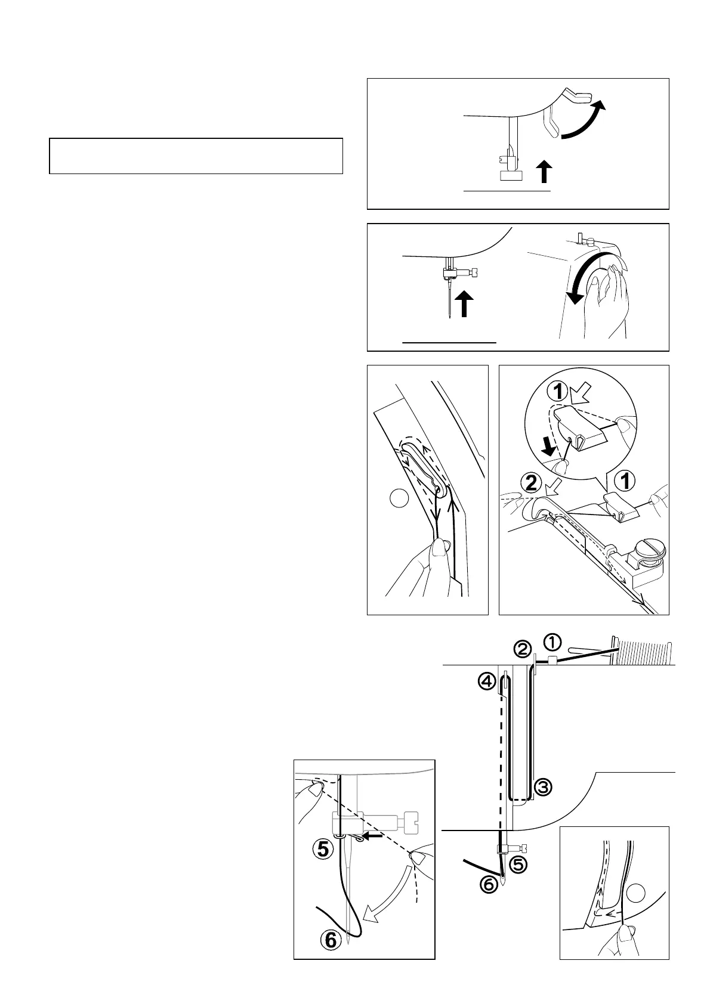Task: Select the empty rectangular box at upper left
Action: tap(196, 156)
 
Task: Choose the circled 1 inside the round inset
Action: tap(559, 392)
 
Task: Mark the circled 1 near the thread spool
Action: tap(552, 642)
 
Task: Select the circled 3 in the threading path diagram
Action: tap(542, 788)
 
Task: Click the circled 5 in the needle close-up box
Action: tap(323, 849)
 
